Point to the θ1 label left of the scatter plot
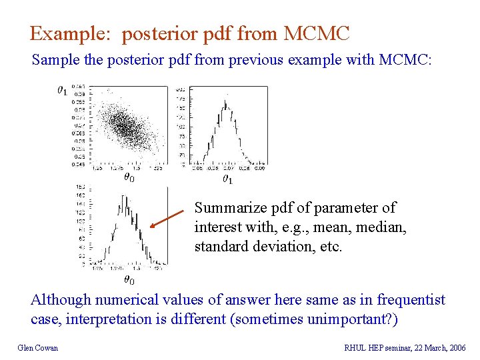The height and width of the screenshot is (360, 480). (x=61, y=90)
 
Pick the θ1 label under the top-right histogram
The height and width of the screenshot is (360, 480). (x=227, y=179)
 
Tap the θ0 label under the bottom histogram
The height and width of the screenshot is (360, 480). (x=129, y=281)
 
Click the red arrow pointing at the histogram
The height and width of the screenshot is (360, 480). (x=167, y=219)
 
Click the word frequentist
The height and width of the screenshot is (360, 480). (x=411, y=300)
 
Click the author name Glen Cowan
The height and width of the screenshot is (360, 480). (x=37, y=347)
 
